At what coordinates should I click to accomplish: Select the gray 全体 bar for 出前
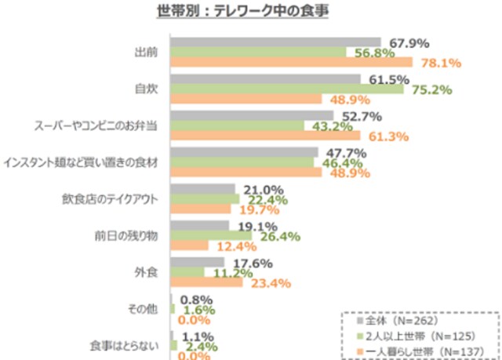[x=275, y=42]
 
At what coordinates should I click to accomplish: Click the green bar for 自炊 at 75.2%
[x=287, y=89]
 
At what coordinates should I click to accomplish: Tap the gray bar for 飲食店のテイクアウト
[x=203, y=189]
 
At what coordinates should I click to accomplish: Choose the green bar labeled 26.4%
[x=211, y=235]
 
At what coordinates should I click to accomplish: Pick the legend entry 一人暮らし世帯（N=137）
[x=420, y=350]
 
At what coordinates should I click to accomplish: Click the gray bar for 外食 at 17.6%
[x=195, y=263]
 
